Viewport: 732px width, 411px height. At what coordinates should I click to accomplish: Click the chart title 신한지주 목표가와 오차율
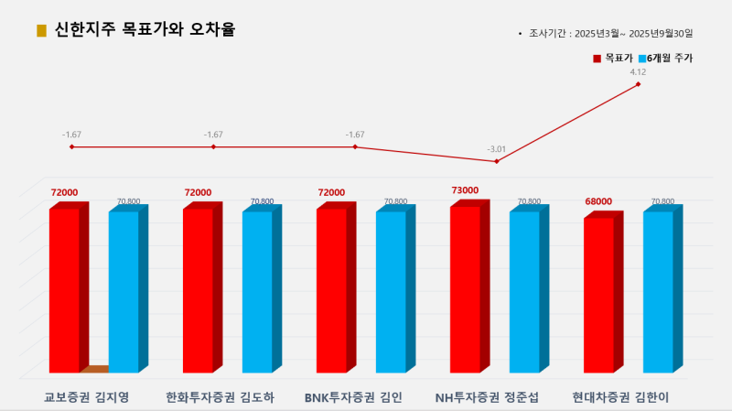(x=145, y=29)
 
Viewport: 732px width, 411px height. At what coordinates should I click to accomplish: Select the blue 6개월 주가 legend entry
(x=669, y=59)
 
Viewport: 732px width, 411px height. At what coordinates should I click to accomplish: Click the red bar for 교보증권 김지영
(x=64, y=291)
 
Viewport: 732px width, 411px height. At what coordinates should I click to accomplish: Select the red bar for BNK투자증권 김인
(x=331, y=291)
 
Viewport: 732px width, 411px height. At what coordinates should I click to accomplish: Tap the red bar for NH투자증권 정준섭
(x=465, y=289)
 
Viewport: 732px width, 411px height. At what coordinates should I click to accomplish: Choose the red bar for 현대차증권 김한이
(x=598, y=295)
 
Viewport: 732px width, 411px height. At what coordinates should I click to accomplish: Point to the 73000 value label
(x=465, y=190)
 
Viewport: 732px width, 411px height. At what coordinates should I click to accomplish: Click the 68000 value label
(x=598, y=201)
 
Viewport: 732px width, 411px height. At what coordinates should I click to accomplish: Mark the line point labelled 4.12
(x=638, y=84)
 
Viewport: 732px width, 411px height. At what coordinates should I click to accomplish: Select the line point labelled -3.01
(x=497, y=161)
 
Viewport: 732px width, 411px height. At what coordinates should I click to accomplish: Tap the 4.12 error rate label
(x=638, y=71)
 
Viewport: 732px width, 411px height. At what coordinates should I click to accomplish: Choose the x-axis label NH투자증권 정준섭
(x=487, y=398)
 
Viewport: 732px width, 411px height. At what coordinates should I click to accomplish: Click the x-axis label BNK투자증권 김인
(x=353, y=398)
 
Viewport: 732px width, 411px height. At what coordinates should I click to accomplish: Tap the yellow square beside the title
(x=41, y=30)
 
